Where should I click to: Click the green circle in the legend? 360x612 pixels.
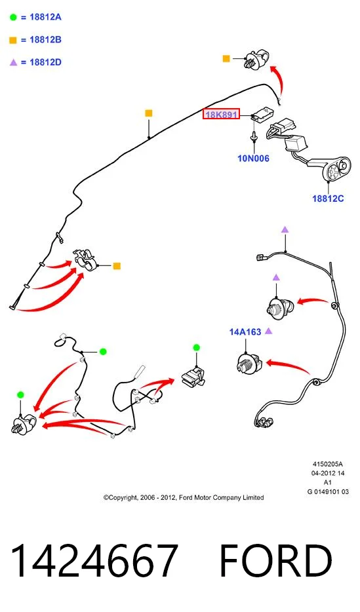tap(13, 17)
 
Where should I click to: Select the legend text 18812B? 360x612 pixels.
tap(45, 39)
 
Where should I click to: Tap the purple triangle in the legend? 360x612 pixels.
tap(13, 62)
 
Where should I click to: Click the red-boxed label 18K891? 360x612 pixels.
tap(221, 115)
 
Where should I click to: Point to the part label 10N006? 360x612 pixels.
tap(253, 159)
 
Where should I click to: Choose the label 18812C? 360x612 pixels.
tap(328, 199)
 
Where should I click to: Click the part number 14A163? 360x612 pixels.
tap(245, 332)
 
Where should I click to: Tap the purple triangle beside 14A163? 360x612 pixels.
tap(268, 331)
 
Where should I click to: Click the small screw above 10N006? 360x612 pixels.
tap(254, 136)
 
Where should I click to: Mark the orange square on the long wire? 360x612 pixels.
tap(148, 113)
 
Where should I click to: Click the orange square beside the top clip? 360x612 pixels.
tap(226, 58)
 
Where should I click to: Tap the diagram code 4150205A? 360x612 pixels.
tap(328, 464)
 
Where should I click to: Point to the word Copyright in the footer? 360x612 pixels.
tap(122, 497)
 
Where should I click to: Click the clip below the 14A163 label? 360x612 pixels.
tap(249, 363)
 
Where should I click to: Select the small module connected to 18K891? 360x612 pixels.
tap(262, 113)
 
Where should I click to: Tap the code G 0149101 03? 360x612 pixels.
tap(328, 492)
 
